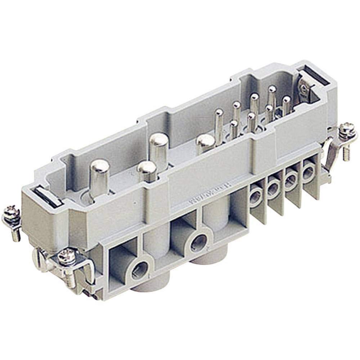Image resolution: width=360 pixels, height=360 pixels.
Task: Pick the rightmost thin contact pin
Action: pyautogui.click(x=287, y=103)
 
